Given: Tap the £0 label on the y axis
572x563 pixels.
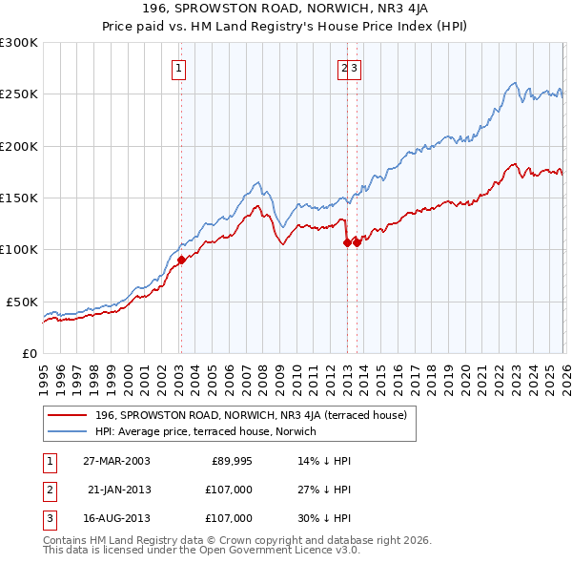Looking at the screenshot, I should pyautogui.click(x=31, y=353).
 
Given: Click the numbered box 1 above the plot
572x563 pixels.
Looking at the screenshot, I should pyautogui.click(x=179, y=68).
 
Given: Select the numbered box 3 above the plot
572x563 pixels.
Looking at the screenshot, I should pyautogui.click(x=354, y=68).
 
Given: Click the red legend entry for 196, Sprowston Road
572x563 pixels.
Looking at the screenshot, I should pyautogui.click(x=251, y=415).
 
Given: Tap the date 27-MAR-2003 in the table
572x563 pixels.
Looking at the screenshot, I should pyautogui.click(x=116, y=461).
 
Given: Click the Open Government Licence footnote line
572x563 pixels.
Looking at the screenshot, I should pyautogui.click(x=201, y=550).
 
